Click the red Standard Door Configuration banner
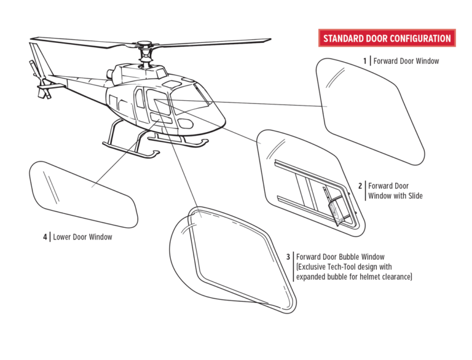[x=387, y=38]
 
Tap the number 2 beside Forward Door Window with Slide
[x=360, y=186]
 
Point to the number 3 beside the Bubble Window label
[x=288, y=256]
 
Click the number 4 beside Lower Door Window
[x=45, y=237]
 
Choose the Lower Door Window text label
[x=82, y=237]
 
